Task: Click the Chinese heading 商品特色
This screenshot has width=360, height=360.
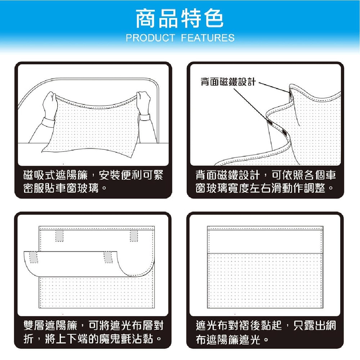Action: [180, 19]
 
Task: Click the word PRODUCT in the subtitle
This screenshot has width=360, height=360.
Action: [150, 38]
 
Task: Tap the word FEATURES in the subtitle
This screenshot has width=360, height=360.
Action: [208, 38]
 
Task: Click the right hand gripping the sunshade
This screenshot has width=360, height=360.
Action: [143, 102]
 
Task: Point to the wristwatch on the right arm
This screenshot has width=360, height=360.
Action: [145, 117]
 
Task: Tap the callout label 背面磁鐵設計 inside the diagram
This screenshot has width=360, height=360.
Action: [228, 81]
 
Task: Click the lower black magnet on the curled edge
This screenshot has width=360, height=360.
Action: [284, 132]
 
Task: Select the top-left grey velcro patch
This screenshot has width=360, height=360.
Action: [59, 236]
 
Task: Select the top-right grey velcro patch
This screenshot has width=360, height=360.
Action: [134, 236]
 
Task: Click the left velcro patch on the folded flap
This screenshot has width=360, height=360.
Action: [33, 257]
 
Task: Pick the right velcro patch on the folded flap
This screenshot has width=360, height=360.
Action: [108, 257]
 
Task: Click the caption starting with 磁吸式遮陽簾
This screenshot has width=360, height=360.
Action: [93, 181]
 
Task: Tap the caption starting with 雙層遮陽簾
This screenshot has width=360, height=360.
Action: [93, 332]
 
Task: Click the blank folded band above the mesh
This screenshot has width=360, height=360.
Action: [265, 242]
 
